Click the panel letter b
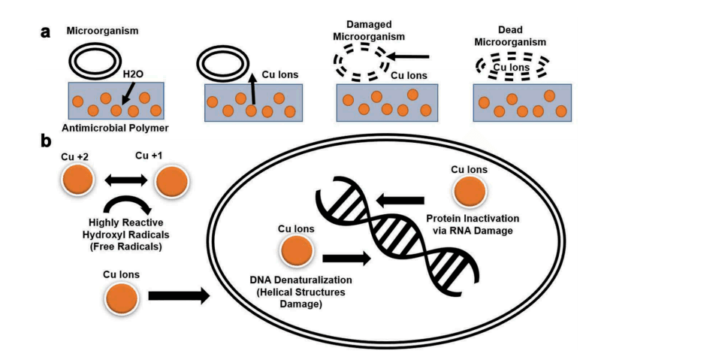point(47,141)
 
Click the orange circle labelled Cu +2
point(77,181)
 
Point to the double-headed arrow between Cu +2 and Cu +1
point(124,181)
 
